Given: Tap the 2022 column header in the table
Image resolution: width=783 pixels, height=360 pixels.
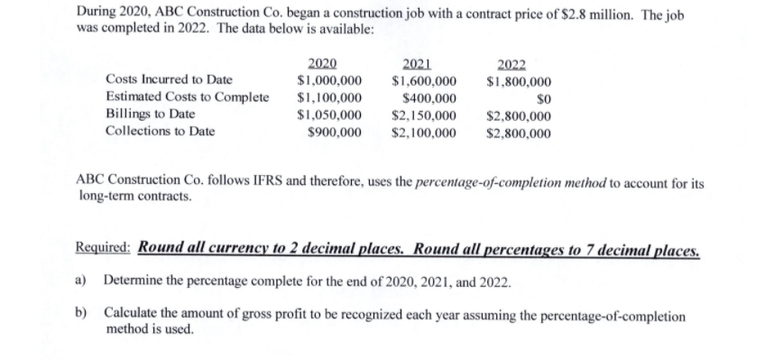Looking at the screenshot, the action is coord(511,63).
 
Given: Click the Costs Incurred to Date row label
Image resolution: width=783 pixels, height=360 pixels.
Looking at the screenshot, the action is coord(169,80).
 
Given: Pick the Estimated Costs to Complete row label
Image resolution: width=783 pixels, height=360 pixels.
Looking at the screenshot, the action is coord(187,97).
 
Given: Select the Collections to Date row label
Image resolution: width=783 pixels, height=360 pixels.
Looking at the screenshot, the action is coord(160,132).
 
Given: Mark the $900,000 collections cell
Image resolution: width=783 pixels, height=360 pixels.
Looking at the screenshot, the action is coord(335,132).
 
